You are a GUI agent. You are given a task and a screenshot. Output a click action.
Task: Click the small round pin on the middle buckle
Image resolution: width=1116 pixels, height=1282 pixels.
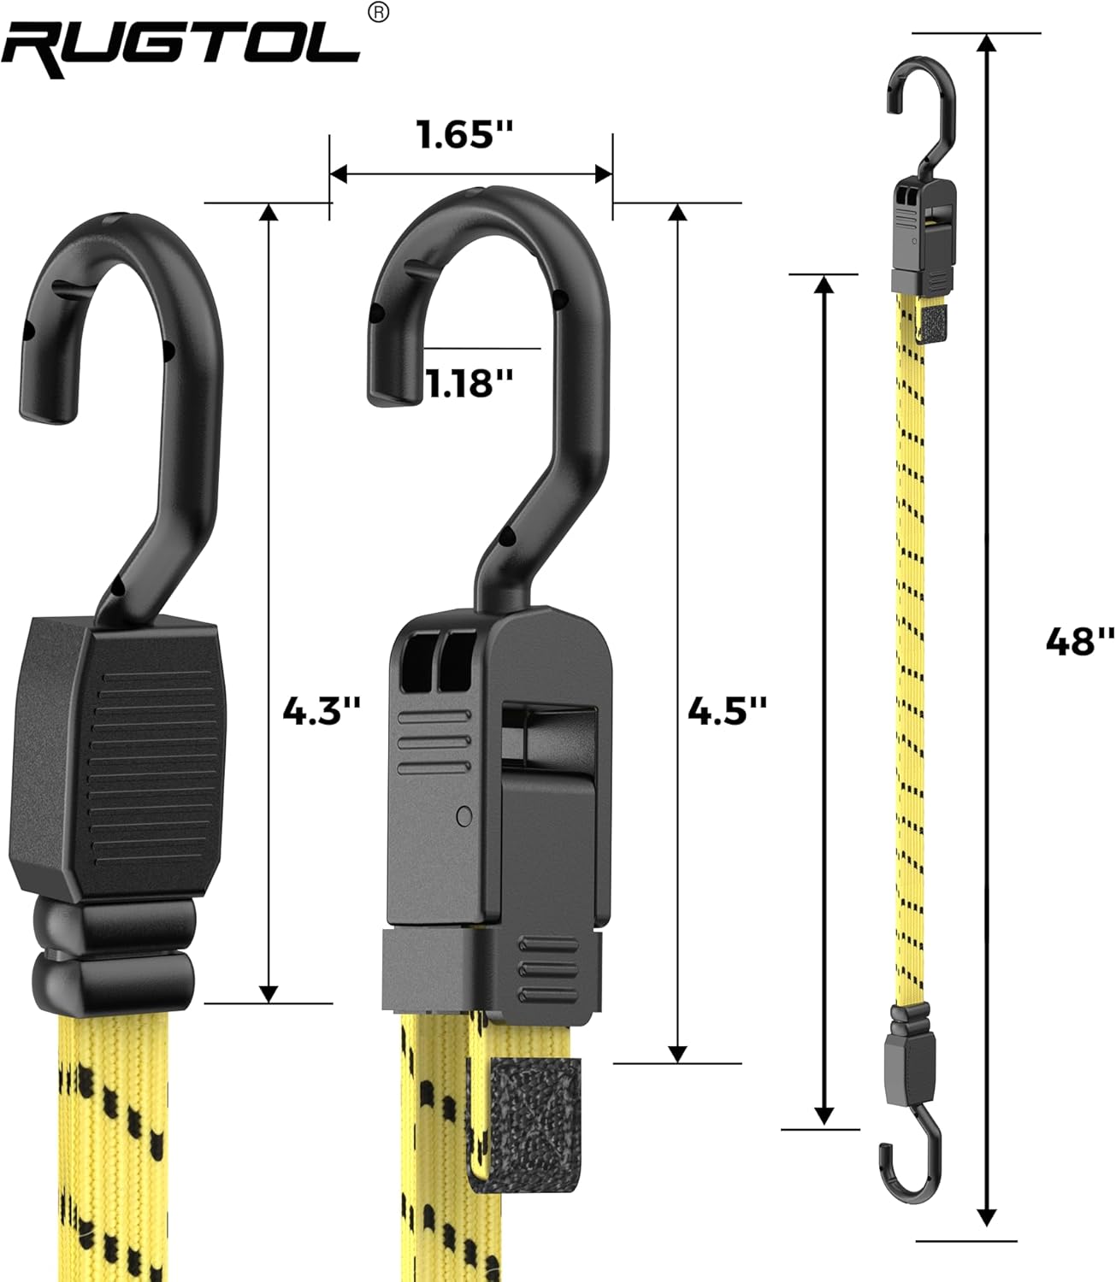(x=464, y=815)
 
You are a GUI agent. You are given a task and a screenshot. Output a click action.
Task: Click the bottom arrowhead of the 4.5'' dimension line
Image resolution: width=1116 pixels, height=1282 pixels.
(x=677, y=1053)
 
